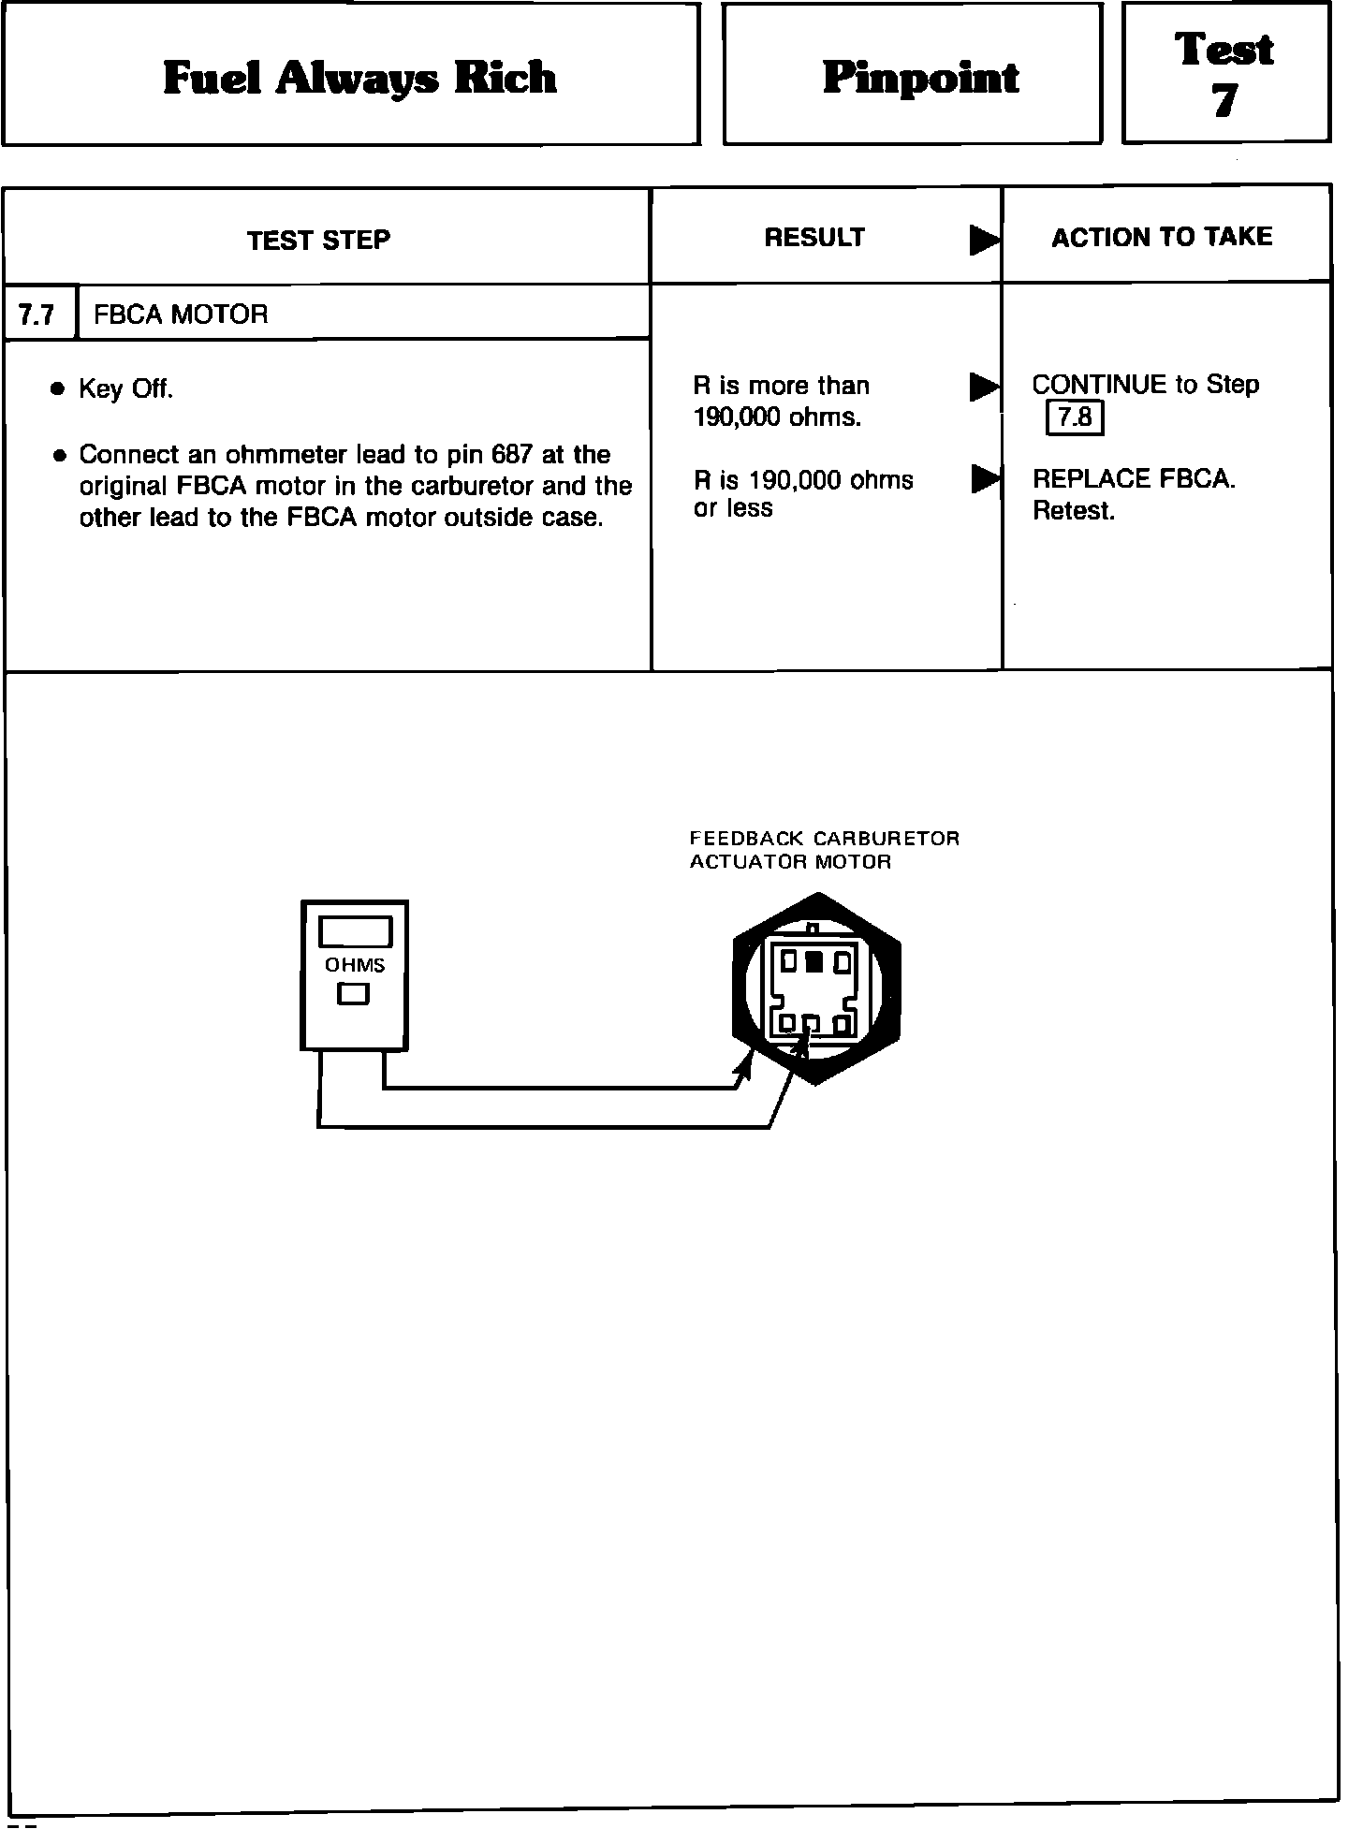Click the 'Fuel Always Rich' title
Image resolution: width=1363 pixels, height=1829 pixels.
click(x=359, y=78)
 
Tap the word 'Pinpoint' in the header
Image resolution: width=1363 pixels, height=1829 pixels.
click(x=921, y=78)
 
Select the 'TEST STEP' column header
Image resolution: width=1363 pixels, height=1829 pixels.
click(x=318, y=241)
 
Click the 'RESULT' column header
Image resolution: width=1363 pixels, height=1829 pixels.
click(x=814, y=238)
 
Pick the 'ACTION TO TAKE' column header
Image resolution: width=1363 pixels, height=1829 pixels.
click(x=1162, y=237)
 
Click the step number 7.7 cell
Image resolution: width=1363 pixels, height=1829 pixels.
click(x=37, y=315)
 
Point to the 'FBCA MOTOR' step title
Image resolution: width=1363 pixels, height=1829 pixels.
click(x=181, y=315)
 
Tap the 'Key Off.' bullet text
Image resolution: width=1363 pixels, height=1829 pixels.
click(x=126, y=389)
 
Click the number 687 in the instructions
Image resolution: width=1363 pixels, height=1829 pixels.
click(x=511, y=455)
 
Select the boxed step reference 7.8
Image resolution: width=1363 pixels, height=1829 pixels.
click(x=1075, y=417)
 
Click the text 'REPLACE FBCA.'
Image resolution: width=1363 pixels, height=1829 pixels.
click(x=1134, y=479)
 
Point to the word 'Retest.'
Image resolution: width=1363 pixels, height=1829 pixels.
click(x=1074, y=511)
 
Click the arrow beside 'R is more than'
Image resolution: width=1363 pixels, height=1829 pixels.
click(x=983, y=387)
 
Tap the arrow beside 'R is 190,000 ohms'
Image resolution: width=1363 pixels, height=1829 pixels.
click(x=983, y=479)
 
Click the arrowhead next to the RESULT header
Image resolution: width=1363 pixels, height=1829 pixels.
click(x=983, y=241)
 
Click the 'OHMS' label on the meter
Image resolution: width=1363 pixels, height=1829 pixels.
click(x=355, y=966)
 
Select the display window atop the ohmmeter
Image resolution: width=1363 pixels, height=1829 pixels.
click(x=355, y=932)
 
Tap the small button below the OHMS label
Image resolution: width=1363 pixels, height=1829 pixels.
click(x=353, y=994)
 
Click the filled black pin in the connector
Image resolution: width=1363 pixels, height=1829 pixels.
click(x=814, y=961)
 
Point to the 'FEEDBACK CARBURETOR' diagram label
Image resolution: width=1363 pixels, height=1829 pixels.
click(x=825, y=839)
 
